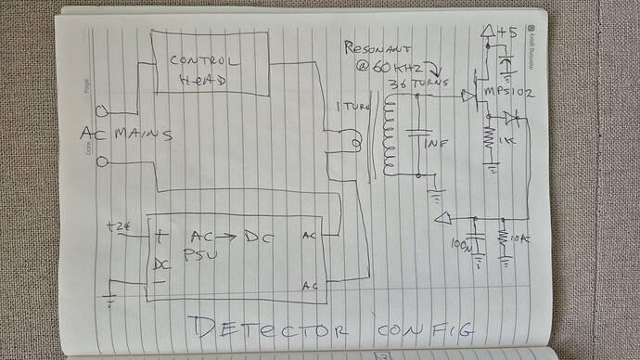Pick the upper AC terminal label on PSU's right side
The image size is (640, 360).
coord(310,237)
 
